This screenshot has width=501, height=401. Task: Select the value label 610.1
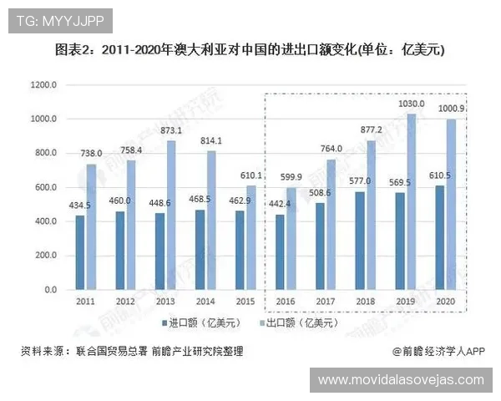pos(251,176)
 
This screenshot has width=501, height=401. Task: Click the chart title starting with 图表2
pos(250,49)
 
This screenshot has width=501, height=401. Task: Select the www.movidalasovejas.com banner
pos(401,379)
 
